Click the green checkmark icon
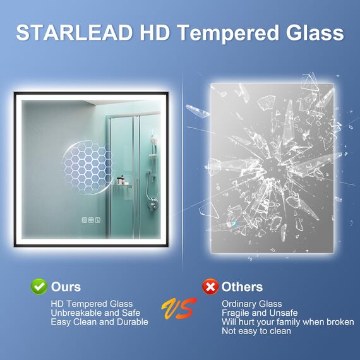39,287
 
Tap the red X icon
210,287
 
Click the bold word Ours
66,287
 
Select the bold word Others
242,287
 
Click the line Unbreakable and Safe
96,313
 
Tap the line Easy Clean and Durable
100,322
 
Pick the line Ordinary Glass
252,304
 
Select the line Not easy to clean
256,331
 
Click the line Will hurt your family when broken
288,322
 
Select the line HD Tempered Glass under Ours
93,304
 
